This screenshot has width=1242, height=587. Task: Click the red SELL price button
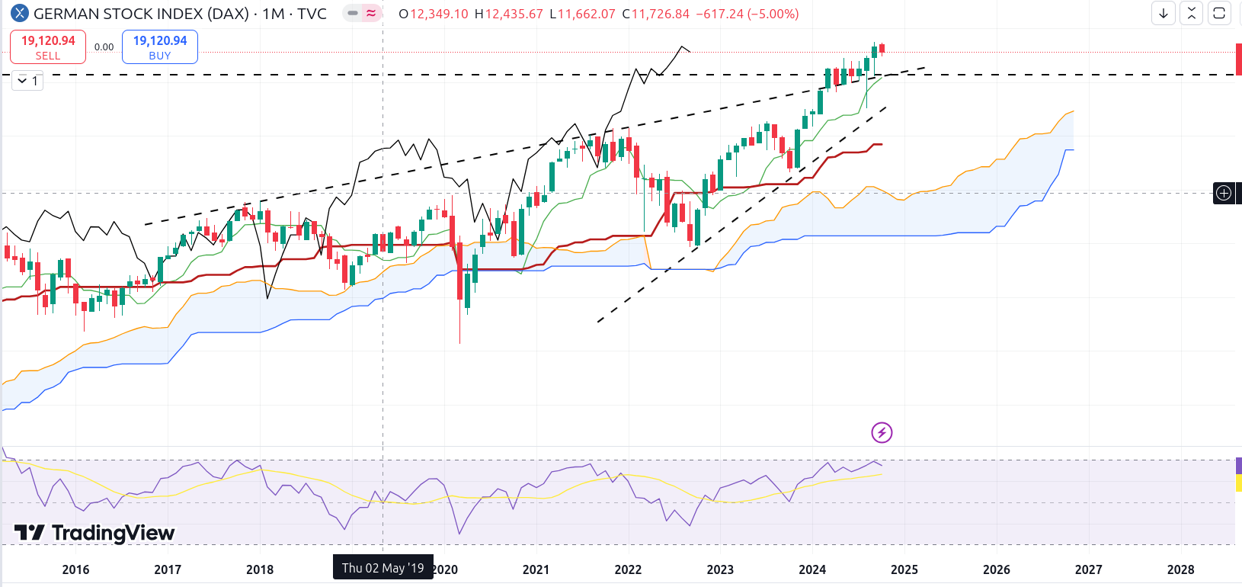click(x=48, y=47)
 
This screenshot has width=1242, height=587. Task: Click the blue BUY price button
click(x=160, y=47)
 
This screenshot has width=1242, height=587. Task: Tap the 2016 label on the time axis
click(x=75, y=569)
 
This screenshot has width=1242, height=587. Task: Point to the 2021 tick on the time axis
click(x=536, y=569)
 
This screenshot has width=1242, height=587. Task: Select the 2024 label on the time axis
click(x=812, y=569)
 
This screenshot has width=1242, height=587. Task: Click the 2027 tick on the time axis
click(x=1088, y=569)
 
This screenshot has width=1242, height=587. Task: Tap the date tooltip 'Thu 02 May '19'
click(x=383, y=568)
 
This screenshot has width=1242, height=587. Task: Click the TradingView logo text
click(x=95, y=533)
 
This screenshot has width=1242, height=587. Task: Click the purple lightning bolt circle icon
click(x=882, y=433)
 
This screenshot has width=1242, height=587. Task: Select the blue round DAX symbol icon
click(x=19, y=14)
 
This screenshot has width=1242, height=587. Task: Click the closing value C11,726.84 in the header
click(x=656, y=14)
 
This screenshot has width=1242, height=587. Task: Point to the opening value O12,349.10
click(x=434, y=14)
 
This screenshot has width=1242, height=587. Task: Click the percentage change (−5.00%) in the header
click(x=773, y=14)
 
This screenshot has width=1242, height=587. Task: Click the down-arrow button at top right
click(x=1164, y=14)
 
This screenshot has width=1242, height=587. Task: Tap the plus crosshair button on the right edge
click(x=1224, y=193)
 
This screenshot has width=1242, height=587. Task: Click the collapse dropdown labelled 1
click(x=27, y=80)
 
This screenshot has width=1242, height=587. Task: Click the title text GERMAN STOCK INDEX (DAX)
click(x=142, y=14)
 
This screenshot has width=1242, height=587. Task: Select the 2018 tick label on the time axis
click(x=260, y=569)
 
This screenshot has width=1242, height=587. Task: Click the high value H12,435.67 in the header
click(x=508, y=14)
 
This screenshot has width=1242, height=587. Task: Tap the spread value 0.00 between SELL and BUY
click(x=104, y=47)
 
